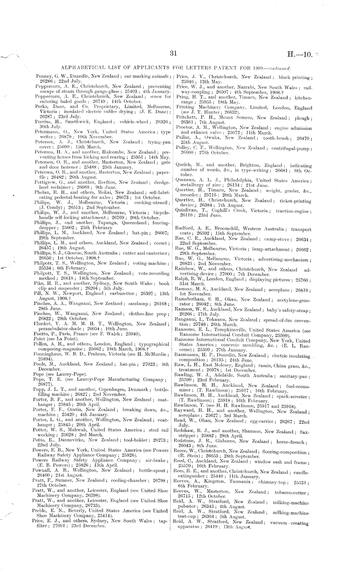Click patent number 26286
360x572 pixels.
coord(46,81)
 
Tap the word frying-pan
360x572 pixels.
coord(159,142)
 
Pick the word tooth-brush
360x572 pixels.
coord(285,138)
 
